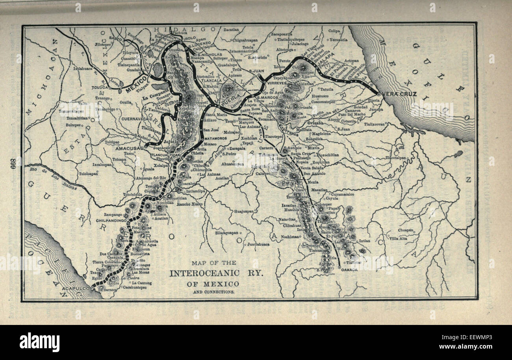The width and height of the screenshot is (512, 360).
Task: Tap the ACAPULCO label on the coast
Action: click(x=76, y=289)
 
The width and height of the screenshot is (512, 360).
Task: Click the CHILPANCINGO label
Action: click(x=111, y=221)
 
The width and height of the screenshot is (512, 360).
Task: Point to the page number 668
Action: click(x=13, y=165)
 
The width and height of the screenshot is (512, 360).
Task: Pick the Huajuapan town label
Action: click(x=243, y=211)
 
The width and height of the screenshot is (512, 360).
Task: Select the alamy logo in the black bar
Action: click(x=39, y=342)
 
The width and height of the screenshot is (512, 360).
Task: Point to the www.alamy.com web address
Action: click(x=470, y=347)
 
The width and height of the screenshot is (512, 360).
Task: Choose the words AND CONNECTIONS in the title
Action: click(x=214, y=292)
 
